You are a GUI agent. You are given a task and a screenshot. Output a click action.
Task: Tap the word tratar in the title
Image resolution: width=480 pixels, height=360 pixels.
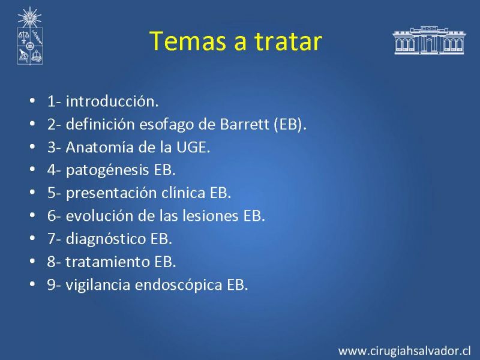289,40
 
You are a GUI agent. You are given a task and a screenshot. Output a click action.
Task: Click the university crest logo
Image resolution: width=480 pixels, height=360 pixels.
29,36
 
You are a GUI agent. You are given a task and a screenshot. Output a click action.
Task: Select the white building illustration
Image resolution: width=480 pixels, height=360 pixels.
429,40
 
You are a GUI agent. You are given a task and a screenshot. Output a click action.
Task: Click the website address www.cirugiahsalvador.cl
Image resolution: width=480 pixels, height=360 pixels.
404,351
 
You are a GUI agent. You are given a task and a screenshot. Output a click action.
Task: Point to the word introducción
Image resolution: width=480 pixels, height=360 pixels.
112,101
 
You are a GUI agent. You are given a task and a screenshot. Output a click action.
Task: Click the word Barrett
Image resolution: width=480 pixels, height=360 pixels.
244,124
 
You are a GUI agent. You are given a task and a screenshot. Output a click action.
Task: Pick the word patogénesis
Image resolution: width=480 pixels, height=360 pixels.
107,170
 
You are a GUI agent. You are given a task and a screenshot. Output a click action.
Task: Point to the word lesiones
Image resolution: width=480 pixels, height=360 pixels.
211,216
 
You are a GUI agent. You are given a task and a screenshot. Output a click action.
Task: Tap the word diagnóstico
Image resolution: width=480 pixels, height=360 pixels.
106,239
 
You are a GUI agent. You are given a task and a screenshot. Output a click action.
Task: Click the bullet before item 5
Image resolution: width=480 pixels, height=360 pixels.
32,193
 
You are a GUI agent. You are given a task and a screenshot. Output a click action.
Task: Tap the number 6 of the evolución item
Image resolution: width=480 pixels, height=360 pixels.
52,216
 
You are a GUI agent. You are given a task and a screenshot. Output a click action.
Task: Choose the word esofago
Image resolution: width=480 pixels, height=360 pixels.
167,125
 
